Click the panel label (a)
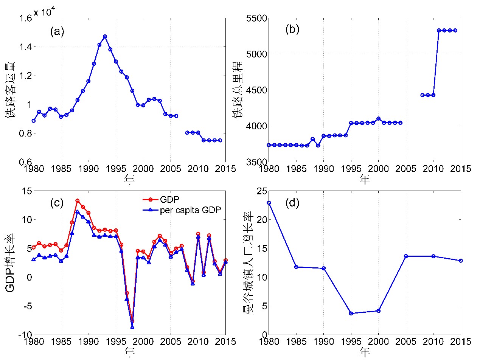click(57, 31)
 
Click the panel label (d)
click(292, 203)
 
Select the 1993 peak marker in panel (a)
click(105, 36)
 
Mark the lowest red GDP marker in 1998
click(132, 321)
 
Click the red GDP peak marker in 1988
click(77, 201)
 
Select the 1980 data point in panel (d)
click(269, 203)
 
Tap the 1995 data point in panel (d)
click(351, 313)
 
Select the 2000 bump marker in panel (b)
click(379, 119)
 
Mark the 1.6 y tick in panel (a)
click(23, 18)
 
